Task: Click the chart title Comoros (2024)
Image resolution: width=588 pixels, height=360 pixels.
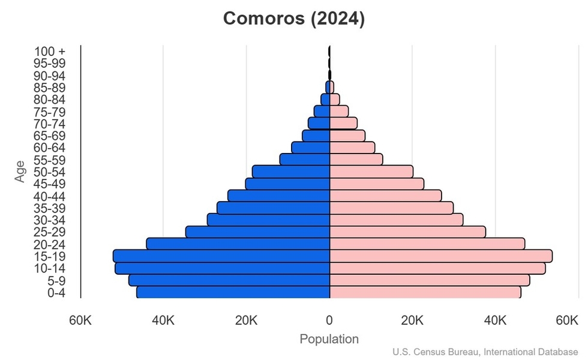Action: (294, 19)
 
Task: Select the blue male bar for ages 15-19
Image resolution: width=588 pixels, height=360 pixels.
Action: (221, 256)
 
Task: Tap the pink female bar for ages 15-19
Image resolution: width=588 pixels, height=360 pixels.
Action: (441, 256)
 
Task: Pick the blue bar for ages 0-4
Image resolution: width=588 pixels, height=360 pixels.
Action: (233, 292)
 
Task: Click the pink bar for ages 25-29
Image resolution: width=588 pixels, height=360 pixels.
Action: (407, 232)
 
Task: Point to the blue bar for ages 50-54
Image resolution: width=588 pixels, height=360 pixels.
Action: (291, 172)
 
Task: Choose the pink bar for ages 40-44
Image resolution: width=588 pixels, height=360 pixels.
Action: (385, 196)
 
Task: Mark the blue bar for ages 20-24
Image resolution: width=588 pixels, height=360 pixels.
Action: (238, 244)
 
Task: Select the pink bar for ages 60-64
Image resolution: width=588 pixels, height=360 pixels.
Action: (352, 148)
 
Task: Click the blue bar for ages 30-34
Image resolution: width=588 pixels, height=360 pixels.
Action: (269, 220)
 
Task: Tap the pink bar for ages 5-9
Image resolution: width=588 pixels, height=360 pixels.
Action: (430, 280)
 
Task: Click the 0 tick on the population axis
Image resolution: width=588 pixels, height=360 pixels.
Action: (329, 320)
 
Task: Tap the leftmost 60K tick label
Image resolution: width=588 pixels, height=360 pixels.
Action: (80, 320)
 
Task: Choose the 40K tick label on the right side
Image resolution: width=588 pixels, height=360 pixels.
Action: (495, 320)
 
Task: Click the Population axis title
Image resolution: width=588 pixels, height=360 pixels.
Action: (329, 339)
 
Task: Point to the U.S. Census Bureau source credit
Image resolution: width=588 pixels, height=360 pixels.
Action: (486, 352)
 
